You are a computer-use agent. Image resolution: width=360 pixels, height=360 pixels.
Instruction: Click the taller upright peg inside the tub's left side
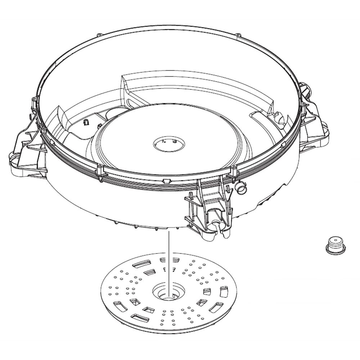[x=86, y=122]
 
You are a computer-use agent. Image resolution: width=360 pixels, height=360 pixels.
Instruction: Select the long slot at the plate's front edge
[x=141, y=318]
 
